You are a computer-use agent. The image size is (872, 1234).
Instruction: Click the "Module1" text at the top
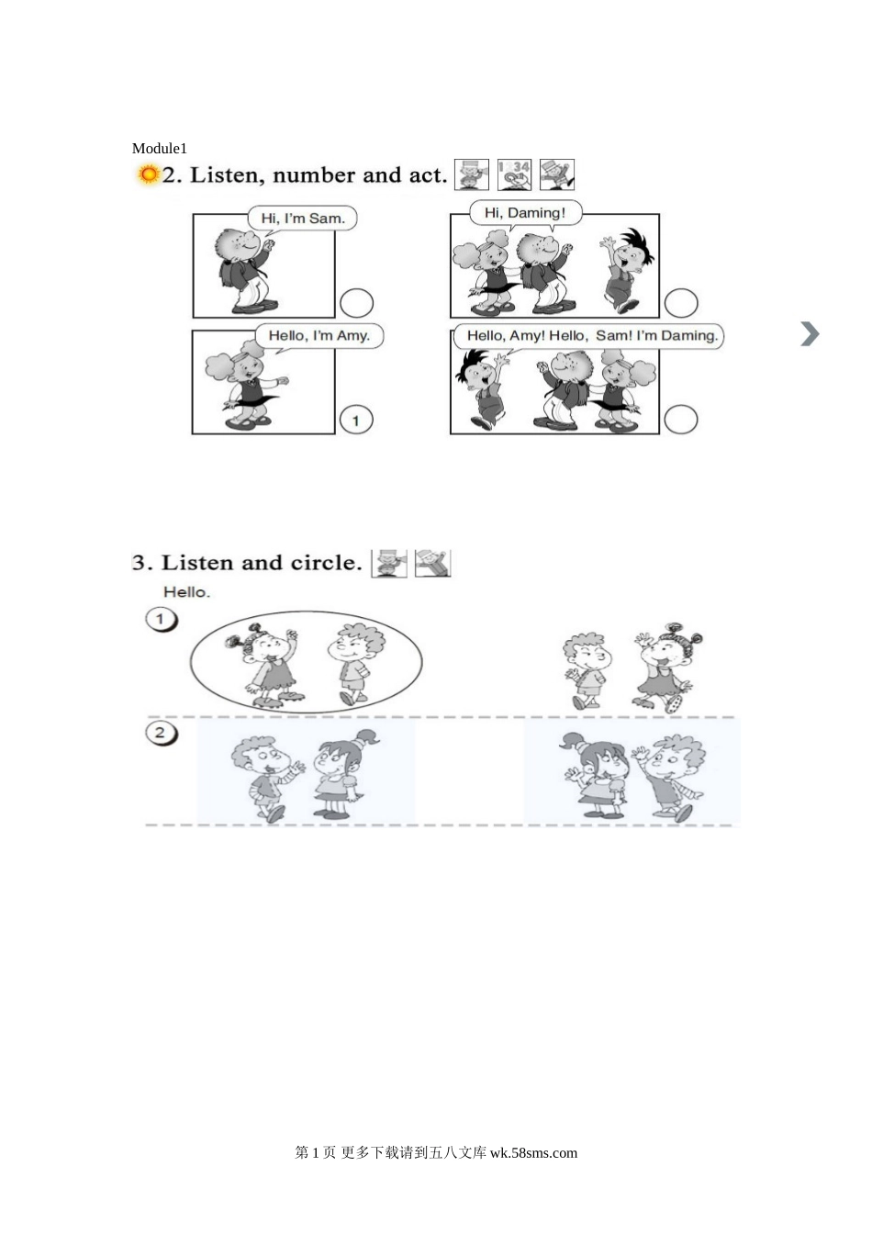pyautogui.click(x=159, y=148)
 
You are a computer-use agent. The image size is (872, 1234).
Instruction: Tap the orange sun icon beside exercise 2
pyautogui.click(x=148, y=174)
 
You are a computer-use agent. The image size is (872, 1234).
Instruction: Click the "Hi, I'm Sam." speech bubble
pyautogui.click(x=302, y=219)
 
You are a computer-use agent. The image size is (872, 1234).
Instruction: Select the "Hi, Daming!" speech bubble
pyautogui.click(x=525, y=213)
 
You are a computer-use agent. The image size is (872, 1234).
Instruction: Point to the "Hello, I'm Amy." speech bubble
pyautogui.click(x=319, y=335)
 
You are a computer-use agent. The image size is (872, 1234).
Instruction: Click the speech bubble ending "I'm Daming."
pyautogui.click(x=589, y=335)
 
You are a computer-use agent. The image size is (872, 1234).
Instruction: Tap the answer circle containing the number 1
pyautogui.click(x=356, y=421)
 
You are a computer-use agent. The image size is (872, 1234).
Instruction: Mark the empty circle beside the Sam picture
pyautogui.click(x=356, y=303)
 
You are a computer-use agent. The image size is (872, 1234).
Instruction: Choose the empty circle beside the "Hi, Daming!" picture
pyautogui.click(x=681, y=303)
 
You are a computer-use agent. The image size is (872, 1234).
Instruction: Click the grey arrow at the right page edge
pyautogui.click(x=810, y=334)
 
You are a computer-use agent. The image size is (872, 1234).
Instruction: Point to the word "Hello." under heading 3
pyautogui.click(x=186, y=592)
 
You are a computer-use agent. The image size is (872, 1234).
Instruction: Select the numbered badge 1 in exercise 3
pyautogui.click(x=162, y=620)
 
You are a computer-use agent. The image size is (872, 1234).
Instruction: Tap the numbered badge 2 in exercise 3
pyautogui.click(x=162, y=734)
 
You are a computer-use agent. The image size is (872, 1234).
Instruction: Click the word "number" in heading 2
pyautogui.click(x=314, y=175)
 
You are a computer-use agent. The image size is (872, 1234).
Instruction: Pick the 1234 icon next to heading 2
pyautogui.click(x=515, y=174)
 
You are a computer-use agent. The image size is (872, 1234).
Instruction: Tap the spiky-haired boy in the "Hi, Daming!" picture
pyautogui.click(x=627, y=271)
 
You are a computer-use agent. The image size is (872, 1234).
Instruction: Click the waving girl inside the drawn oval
pyautogui.click(x=268, y=666)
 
